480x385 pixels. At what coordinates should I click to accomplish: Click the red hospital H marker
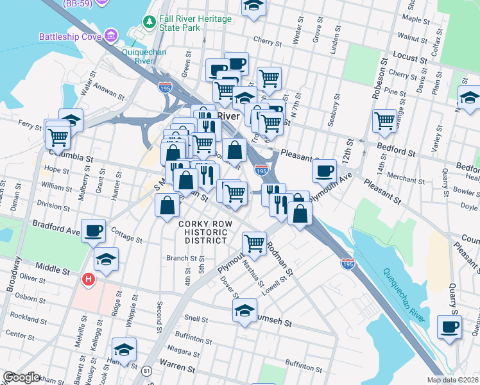88,280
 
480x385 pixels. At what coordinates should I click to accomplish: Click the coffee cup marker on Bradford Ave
94,229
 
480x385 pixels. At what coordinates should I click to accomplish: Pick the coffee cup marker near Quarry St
449,326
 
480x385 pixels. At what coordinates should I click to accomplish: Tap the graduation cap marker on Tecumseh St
244,311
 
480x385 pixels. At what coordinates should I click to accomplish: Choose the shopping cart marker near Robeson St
384,120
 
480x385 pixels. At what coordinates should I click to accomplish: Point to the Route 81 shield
147,371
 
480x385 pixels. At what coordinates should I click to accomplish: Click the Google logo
21,377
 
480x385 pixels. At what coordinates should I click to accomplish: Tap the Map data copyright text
453,380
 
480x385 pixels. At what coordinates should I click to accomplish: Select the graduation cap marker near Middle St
107,259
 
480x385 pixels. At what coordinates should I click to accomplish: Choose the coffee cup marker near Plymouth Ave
325,170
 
